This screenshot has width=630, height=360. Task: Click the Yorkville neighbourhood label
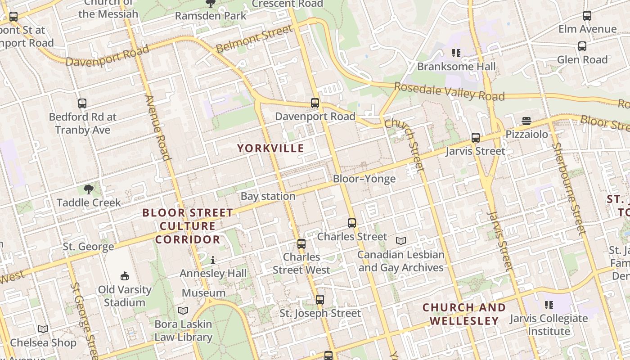tap(270, 148)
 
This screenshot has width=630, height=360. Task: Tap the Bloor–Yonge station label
tap(364, 179)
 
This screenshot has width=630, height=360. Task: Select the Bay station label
tap(268, 196)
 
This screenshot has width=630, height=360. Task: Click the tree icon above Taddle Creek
tap(89, 189)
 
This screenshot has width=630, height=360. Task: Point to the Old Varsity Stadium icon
tap(125, 276)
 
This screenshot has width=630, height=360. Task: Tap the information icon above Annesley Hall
tap(213, 260)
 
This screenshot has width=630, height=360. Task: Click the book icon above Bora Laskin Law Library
tap(183, 310)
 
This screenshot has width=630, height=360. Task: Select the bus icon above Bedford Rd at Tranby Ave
tap(82, 103)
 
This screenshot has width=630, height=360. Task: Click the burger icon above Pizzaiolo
tap(526, 121)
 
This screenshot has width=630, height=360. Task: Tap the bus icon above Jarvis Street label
tap(475, 138)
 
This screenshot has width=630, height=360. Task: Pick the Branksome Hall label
tap(456, 67)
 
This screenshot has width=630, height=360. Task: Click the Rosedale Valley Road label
tap(449, 91)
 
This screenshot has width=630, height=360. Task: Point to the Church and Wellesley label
tap(464, 314)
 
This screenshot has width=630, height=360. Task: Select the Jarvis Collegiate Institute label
tap(549, 325)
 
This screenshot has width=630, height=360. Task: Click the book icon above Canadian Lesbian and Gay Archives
tap(400, 241)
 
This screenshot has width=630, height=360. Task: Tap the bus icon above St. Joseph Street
tap(320, 299)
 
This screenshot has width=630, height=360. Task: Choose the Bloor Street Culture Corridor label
tap(188, 226)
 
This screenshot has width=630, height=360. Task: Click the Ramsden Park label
tap(211, 16)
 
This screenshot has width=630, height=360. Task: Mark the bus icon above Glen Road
tap(582, 46)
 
